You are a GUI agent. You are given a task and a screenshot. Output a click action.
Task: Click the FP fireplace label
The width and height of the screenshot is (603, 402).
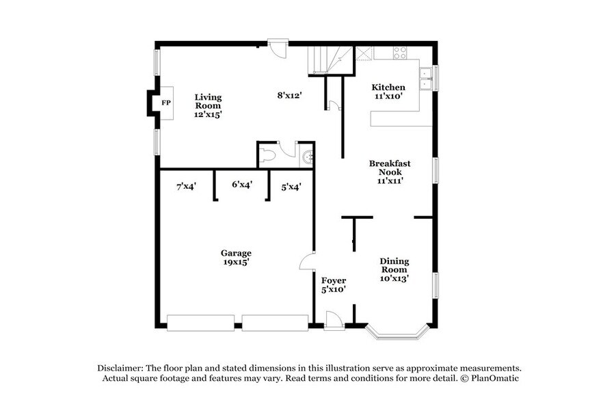(165, 103)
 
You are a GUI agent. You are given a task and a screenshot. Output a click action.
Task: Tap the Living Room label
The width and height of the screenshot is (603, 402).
(208, 106)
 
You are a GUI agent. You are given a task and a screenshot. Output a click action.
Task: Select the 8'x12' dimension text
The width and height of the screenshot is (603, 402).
(290, 96)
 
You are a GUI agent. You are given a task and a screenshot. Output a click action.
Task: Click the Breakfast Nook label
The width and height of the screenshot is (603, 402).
(390, 172)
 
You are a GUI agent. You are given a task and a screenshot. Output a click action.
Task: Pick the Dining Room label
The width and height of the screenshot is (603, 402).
(394, 269)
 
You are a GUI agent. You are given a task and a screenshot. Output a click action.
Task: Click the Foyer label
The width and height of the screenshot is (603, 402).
(334, 284)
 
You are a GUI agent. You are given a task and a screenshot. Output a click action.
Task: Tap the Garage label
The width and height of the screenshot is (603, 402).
(235, 256)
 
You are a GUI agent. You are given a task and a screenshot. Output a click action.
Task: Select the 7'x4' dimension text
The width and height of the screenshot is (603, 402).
(186, 185)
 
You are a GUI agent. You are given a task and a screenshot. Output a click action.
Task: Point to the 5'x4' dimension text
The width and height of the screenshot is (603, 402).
(291, 185)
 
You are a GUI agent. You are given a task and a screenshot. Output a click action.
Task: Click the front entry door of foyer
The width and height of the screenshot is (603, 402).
(334, 320)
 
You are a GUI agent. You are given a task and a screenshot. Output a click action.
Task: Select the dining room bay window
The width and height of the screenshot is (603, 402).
(398, 334)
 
